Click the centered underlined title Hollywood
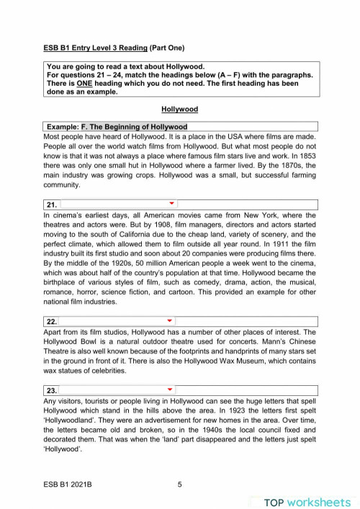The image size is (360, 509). (x=180, y=109)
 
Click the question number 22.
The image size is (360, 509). (x=52, y=321)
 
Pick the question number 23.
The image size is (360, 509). (x=52, y=390)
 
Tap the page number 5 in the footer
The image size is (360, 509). (x=179, y=485)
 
